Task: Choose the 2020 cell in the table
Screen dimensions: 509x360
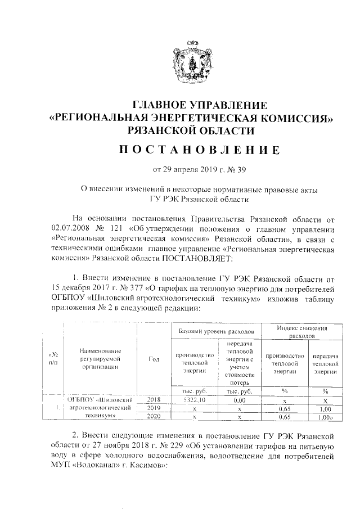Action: (x=154, y=417)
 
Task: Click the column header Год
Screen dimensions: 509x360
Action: (x=154, y=361)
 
